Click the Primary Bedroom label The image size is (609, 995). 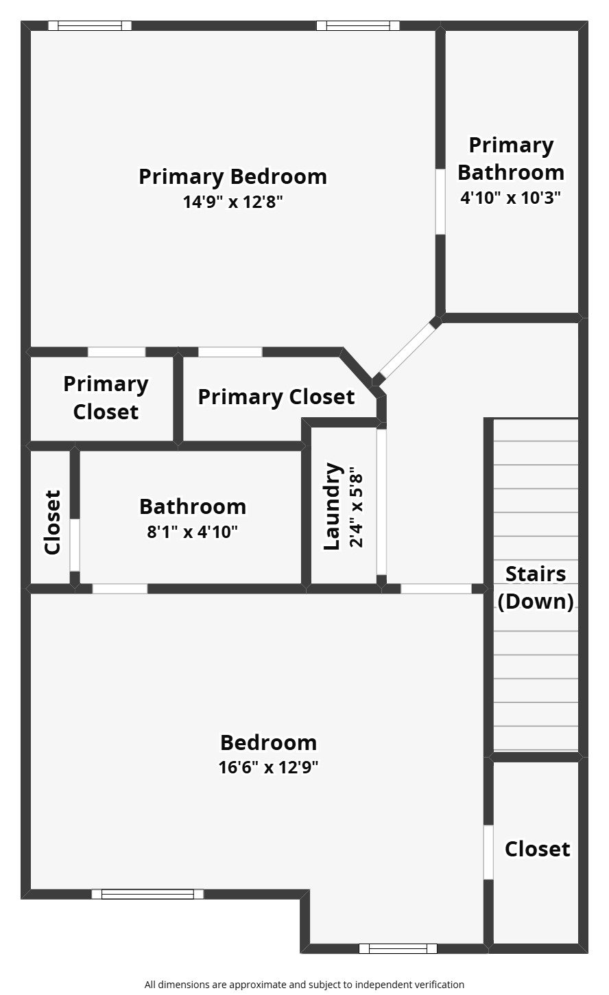[232, 176]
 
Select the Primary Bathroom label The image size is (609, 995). [511, 159]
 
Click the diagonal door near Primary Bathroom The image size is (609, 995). [407, 351]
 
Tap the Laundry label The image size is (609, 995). [333, 506]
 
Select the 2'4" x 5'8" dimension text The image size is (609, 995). [355, 508]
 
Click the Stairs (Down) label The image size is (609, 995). [536, 587]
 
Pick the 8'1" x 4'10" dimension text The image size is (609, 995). [192, 532]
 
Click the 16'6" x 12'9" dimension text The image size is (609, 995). [268, 766]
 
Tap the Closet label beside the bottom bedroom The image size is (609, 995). [537, 849]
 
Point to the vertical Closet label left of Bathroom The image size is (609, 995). [52, 522]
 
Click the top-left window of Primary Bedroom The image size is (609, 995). [89, 26]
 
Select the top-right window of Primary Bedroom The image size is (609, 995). [357, 26]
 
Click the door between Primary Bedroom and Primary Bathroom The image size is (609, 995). [440, 202]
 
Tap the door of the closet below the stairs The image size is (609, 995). [488, 852]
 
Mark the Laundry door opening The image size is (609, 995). [381, 502]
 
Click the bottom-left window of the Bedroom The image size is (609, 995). [147, 893]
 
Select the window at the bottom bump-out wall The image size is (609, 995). [398, 948]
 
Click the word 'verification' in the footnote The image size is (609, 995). [437, 984]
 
